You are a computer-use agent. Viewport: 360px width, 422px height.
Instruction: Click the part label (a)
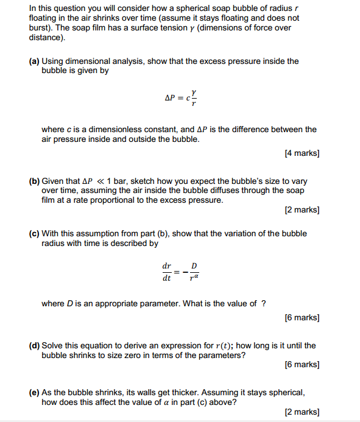[x=34, y=61]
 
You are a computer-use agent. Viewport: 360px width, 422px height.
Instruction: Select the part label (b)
[x=34, y=181]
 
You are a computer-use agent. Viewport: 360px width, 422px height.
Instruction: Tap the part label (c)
[x=34, y=234]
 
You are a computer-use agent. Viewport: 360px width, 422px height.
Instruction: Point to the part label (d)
[x=34, y=346]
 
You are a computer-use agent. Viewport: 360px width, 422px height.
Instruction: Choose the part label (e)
[x=34, y=393]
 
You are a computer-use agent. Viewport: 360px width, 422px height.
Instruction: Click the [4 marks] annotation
[x=302, y=153]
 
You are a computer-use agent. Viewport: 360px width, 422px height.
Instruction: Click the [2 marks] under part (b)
[x=302, y=210]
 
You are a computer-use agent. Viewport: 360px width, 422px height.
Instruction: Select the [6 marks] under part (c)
[x=302, y=318]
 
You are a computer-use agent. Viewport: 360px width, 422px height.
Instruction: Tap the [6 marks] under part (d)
[x=302, y=365]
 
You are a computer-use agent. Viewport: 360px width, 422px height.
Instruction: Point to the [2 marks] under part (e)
[x=302, y=412]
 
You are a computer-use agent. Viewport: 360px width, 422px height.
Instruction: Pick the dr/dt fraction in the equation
[x=166, y=272]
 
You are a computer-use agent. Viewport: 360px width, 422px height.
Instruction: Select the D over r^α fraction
[x=194, y=272]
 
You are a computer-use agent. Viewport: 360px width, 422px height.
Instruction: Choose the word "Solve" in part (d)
[x=52, y=346]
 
